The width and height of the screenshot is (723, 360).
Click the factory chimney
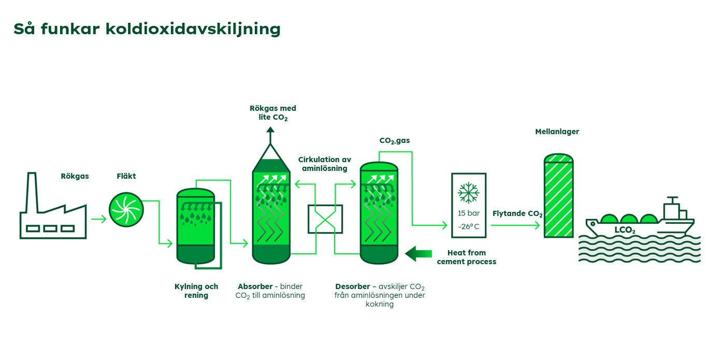coord(32,192)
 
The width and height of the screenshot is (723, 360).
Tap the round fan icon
coord(126,210)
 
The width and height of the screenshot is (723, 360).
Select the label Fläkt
coord(126,176)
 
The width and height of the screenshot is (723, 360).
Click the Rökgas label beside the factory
coord(75,176)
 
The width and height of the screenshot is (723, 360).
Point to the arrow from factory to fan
coord(99,219)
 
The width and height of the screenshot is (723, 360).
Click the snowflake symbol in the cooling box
coord(468,193)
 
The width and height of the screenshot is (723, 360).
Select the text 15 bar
coord(469,213)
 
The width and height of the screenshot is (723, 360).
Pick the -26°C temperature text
coord(469,227)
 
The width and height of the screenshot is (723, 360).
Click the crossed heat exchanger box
coord(325,219)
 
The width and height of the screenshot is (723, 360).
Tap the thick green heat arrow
coord(418,254)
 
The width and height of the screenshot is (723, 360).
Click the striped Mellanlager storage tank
coord(558,196)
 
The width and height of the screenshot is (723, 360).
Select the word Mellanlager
coord(557,132)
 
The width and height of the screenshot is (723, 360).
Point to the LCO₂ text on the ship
coord(625,230)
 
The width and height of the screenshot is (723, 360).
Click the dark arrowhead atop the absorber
coord(270,130)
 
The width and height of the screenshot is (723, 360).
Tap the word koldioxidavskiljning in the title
coord(193,29)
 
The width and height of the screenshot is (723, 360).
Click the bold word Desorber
coord(353,286)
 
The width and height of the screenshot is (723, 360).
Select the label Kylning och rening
coord(196,291)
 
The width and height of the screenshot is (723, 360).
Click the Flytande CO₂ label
coord(517,214)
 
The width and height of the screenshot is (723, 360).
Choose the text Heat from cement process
coord(467,257)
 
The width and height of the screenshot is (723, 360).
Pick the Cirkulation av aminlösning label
coord(324,164)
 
